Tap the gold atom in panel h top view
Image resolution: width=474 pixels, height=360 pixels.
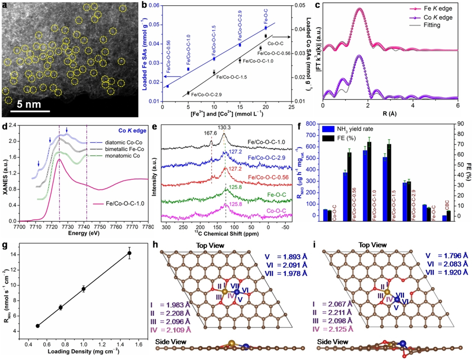(225, 290)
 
